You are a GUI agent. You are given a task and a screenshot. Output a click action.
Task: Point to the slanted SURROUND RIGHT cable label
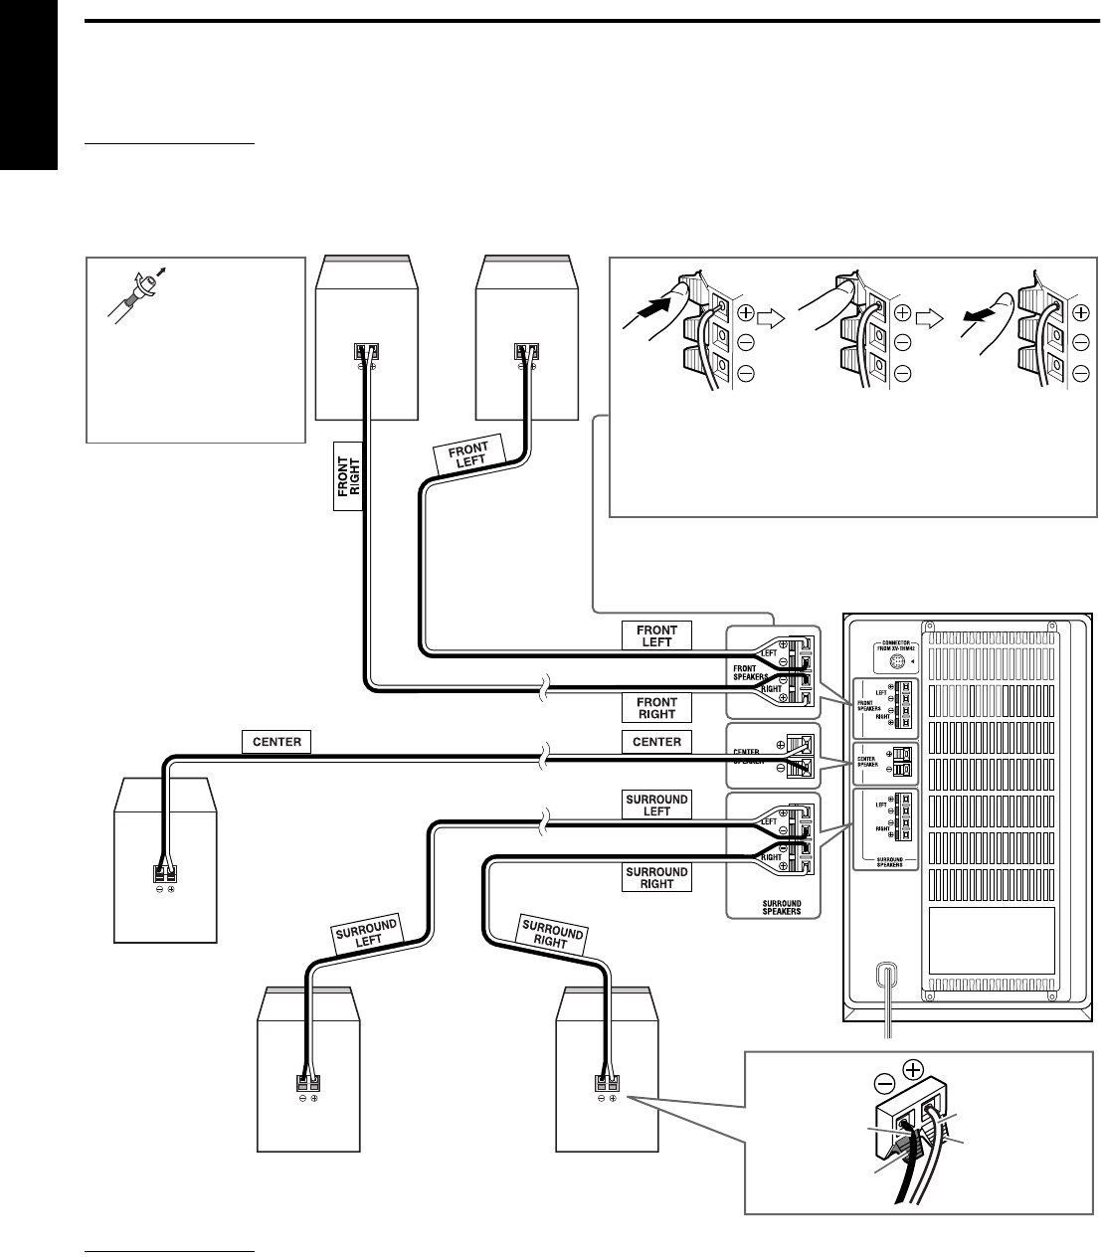(x=552, y=935)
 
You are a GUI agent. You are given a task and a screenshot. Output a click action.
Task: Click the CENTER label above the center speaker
(x=277, y=741)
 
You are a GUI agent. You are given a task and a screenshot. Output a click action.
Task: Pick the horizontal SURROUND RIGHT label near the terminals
(x=656, y=877)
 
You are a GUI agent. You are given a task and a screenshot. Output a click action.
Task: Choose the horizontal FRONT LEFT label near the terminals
(x=656, y=635)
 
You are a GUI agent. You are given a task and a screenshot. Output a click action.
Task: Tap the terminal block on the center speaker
(x=164, y=873)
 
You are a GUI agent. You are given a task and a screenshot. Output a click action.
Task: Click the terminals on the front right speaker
(x=366, y=351)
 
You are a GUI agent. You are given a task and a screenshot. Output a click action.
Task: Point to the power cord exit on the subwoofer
(x=883, y=976)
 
